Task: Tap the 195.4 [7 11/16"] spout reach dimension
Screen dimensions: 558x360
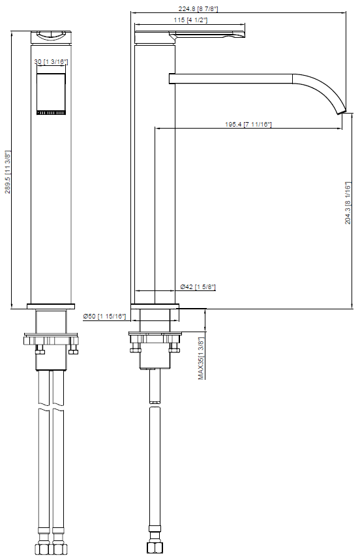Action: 247,124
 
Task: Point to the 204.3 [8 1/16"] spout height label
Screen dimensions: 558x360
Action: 348,203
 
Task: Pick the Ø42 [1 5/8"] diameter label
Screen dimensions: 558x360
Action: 198,287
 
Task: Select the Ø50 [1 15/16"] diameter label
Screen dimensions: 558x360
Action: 104,316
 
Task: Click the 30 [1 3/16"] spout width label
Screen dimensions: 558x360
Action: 51,61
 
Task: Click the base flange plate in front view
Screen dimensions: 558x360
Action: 51,306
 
